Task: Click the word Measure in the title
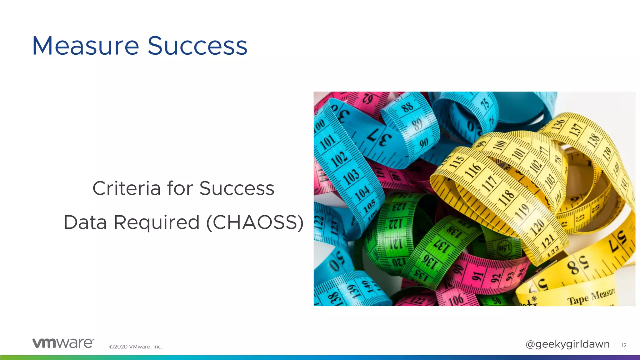tap(85, 46)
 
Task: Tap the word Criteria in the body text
tap(127, 188)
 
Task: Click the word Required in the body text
tap(156, 222)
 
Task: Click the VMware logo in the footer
tap(63, 343)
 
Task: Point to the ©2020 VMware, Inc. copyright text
tap(136, 347)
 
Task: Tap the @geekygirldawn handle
tap(567, 344)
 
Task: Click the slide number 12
tap(624, 345)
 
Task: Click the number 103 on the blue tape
tap(351, 176)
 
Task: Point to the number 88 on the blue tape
tap(407, 107)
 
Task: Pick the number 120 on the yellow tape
tap(537, 227)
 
